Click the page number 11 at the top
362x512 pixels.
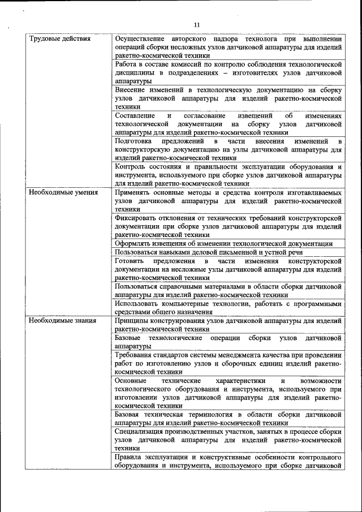(197, 25)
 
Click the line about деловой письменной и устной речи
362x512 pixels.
(208, 252)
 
